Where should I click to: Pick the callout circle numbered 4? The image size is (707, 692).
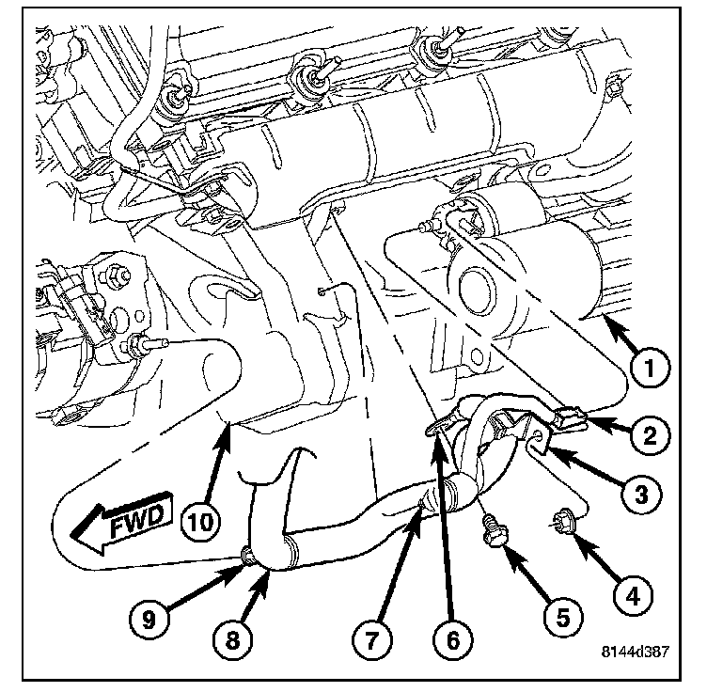click(x=632, y=594)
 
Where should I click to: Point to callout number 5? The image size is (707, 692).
click(x=561, y=618)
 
